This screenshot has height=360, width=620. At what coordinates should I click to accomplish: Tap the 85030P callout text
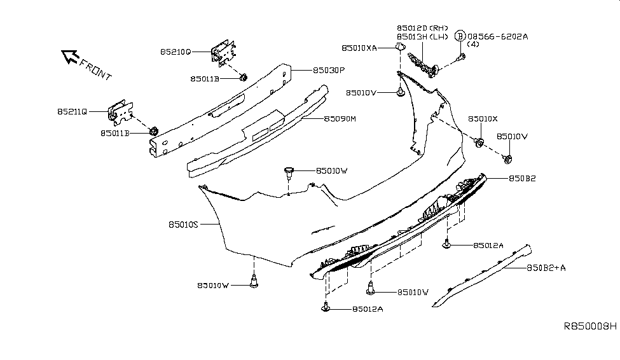click(329, 71)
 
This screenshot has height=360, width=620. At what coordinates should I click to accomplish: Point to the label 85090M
click(340, 118)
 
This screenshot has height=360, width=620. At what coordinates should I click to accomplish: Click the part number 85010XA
click(359, 48)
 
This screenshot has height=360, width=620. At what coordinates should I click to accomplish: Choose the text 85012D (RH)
click(422, 29)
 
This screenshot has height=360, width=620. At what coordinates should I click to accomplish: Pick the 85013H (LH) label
click(422, 37)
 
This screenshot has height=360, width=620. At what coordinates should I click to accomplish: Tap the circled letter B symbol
click(461, 36)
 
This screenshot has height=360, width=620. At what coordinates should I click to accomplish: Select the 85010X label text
click(484, 119)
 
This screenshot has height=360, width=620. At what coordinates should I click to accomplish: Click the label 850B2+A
click(546, 268)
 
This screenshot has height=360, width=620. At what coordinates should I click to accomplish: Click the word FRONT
click(95, 69)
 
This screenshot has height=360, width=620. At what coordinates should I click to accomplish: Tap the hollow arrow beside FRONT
click(68, 57)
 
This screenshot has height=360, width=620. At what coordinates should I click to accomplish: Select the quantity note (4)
click(473, 45)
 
